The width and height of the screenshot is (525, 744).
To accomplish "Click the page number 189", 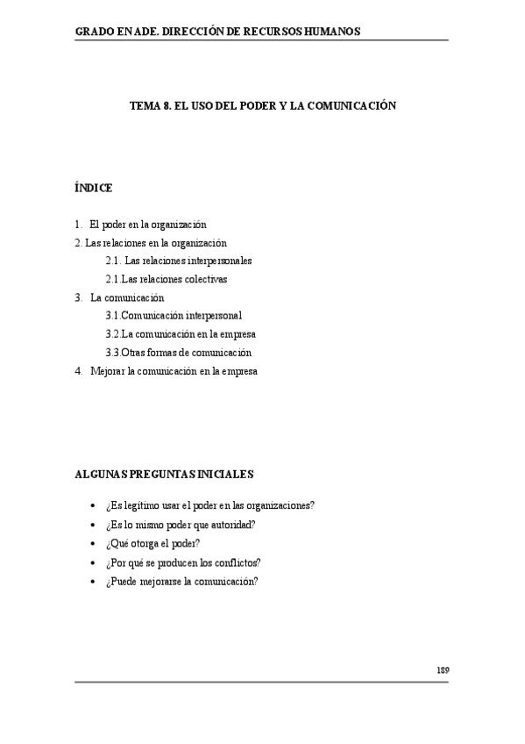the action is click(443, 669).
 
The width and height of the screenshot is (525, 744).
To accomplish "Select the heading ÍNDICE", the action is click(94, 188).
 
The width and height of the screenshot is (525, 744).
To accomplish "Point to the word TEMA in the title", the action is click(145, 105).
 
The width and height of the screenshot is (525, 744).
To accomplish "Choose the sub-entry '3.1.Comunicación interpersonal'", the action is click(174, 315).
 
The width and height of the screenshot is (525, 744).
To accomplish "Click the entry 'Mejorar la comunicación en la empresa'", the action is click(174, 370).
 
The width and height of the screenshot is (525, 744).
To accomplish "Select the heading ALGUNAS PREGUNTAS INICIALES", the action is click(164, 474).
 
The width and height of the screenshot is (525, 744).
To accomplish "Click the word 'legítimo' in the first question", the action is click(143, 505).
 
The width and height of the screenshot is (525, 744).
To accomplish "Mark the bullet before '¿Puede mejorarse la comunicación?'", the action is click(93, 581).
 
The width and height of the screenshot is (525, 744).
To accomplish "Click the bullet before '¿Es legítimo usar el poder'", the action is click(93, 506).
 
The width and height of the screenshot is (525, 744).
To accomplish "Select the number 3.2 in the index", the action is click(111, 333).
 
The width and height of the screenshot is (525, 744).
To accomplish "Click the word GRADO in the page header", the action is click(95, 32).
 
